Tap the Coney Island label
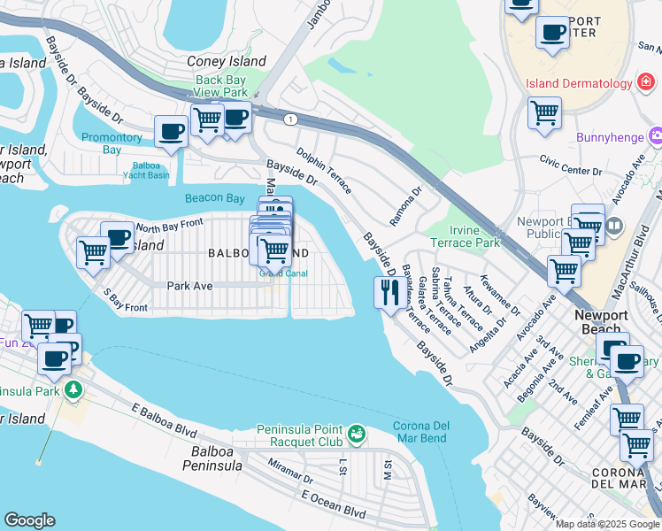pyautogui.click(x=227, y=62)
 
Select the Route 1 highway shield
pyautogui.click(x=289, y=119)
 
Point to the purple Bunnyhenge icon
pyautogui.click(x=655, y=137)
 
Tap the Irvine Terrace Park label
pyautogui.click(x=476, y=236)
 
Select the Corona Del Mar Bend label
pyautogui.click(x=421, y=432)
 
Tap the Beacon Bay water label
pyautogui.click(x=214, y=198)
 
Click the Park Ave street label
pyautogui.click(x=189, y=286)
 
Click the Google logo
pyautogui.click(x=29, y=520)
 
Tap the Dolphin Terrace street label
pyautogui.click(x=324, y=171)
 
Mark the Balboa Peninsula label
pyautogui.click(x=212, y=458)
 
